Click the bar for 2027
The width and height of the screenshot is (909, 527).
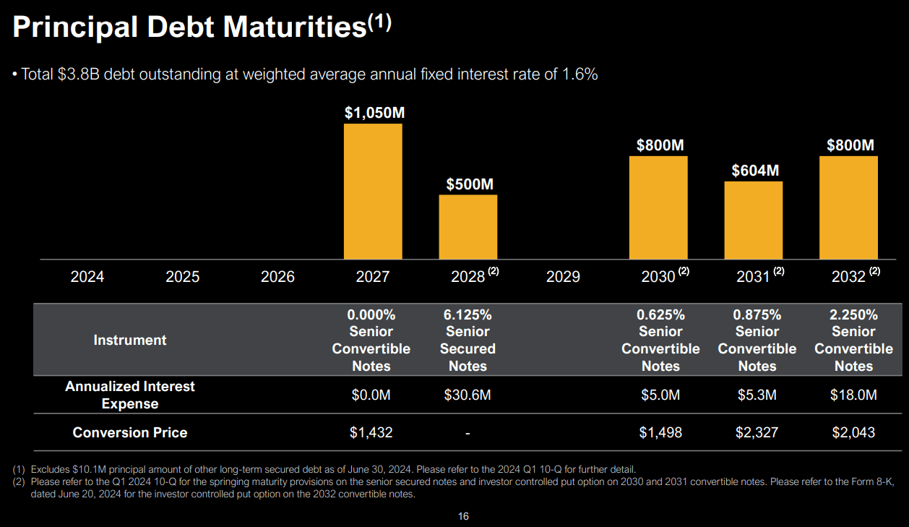coord(373,192)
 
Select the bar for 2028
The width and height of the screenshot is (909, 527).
coord(468,227)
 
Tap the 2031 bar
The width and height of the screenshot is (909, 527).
coord(753,220)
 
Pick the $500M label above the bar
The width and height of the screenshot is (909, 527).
coord(470,184)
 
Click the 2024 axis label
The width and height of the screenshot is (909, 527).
coord(87,277)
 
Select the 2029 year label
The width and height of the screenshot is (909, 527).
coord(563,277)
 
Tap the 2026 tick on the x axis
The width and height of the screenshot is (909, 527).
coord(277,277)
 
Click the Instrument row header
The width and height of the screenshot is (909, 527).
coord(130,340)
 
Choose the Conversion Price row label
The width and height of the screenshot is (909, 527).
coord(130,432)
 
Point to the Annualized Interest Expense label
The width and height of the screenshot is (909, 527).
coord(130,395)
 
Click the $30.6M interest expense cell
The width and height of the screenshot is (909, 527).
coord(468,395)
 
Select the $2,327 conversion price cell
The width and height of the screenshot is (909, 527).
coord(757,432)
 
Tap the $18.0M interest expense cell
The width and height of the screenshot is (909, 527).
coord(853,395)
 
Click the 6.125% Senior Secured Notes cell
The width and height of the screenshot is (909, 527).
coord(468,340)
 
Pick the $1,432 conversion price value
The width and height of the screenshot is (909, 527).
coord(371,432)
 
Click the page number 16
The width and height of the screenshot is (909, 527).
coord(463,516)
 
